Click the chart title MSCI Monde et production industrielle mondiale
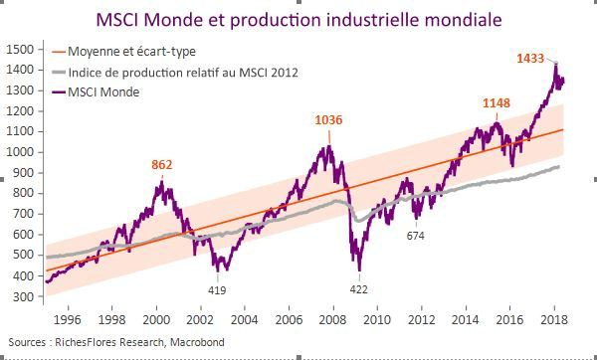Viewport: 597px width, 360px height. tap(298, 19)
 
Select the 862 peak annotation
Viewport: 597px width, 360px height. tap(163, 164)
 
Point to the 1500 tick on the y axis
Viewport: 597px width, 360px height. tap(21, 49)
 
